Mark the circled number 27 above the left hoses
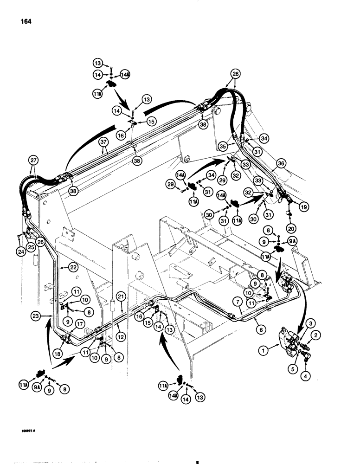pyautogui.click(x=34, y=158)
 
